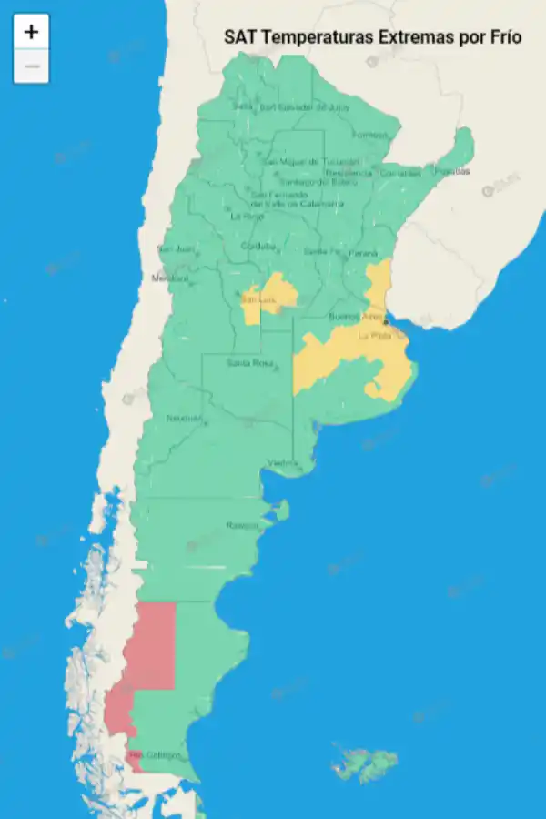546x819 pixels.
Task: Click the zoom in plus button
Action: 31,32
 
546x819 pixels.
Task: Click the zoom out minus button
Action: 31,66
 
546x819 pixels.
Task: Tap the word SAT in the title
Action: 240,37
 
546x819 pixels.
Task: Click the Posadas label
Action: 451,171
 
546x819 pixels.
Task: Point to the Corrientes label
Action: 400,173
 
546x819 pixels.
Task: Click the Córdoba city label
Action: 258,247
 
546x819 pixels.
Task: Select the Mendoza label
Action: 170,278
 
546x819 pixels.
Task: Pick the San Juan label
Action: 176,248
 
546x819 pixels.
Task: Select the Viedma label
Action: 282,463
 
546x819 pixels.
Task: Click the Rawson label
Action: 242,525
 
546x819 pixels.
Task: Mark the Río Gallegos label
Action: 148,755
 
